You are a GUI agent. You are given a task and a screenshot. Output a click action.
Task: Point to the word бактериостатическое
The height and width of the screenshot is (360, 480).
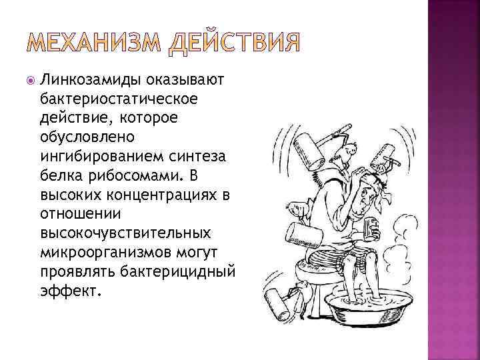[x=109, y=98]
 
